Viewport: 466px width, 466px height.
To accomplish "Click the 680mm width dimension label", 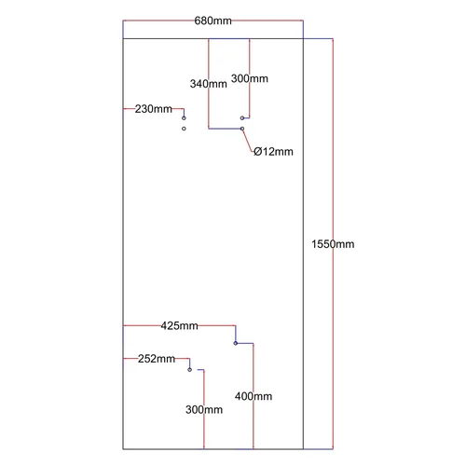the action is click(x=212, y=21).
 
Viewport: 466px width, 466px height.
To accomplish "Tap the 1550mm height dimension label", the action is click(x=333, y=244).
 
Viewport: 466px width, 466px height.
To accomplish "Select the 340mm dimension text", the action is click(x=209, y=84).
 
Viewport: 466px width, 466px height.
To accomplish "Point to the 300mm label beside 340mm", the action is click(x=250, y=78).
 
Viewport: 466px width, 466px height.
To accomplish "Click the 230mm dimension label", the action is click(x=154, y=109).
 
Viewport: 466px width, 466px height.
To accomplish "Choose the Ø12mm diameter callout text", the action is click(x=273, y=152).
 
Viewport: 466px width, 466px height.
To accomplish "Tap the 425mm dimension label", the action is click(x=179, y=326).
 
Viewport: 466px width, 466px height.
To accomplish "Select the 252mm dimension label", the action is click(x=157, y=359).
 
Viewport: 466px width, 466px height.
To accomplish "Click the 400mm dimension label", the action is click(x=254, y=396).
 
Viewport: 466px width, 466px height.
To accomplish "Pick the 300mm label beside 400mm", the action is click(x=204, y=410).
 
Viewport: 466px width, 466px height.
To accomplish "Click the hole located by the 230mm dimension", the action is click(x=184, y=118).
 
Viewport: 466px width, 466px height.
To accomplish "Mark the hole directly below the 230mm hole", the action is click(x=184, y=129).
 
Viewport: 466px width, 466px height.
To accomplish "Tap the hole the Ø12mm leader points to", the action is click(x=242, y=129).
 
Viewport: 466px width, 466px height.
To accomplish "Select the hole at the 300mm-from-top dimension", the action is click(x=242, y=118).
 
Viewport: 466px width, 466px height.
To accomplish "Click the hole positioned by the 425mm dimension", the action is click(x=236, y=343).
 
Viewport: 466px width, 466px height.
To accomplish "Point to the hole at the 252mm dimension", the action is click(x=190, y=370).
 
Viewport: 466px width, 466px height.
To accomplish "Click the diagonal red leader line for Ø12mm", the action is click(x=248, y=141).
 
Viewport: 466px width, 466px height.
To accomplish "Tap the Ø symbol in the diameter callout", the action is click(x=258, y=152).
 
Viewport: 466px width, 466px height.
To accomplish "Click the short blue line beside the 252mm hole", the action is click(x=200, y=370).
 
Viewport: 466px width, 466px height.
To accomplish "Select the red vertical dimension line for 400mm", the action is click(x=254, y=396).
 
